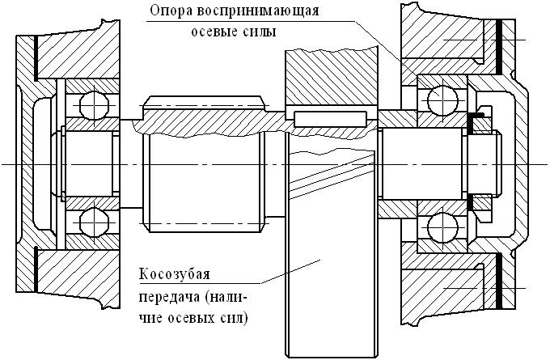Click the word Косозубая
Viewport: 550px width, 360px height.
point(172,272)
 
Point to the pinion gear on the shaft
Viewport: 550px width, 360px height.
point(203,162)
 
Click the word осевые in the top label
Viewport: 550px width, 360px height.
point(212,32)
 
